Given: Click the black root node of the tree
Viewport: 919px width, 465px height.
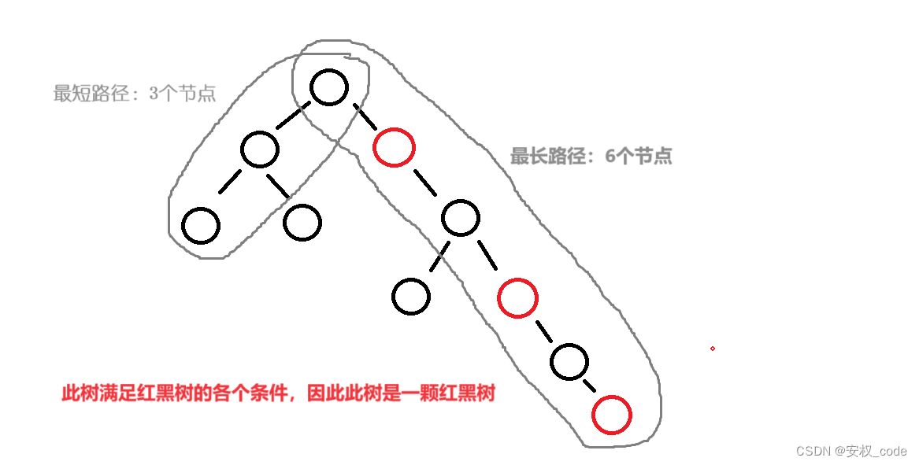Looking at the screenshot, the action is coord(329,87).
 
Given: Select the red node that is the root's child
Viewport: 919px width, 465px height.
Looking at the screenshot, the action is coord(394,147).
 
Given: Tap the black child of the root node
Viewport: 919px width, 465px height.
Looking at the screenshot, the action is coord(260,149).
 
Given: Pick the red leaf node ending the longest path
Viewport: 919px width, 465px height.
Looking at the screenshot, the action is coord(612,415).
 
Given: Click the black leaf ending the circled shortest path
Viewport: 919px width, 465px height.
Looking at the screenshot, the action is coord(200,226).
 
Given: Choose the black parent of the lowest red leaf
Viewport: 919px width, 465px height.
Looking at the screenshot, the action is coord(569,361).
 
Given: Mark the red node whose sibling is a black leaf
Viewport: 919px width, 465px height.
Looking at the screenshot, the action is coord(517,297).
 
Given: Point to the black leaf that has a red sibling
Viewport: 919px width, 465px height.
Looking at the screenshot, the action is coord(411,297).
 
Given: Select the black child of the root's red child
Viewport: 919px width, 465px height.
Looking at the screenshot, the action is coord(460,218).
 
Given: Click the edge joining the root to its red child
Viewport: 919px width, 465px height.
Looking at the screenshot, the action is coord(363,115).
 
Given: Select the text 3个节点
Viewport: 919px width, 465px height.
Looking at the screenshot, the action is coord(182,94).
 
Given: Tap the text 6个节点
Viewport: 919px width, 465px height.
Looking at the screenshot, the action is coord(639,156).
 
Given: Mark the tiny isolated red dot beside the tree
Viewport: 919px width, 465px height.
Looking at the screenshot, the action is coord(712,348).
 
